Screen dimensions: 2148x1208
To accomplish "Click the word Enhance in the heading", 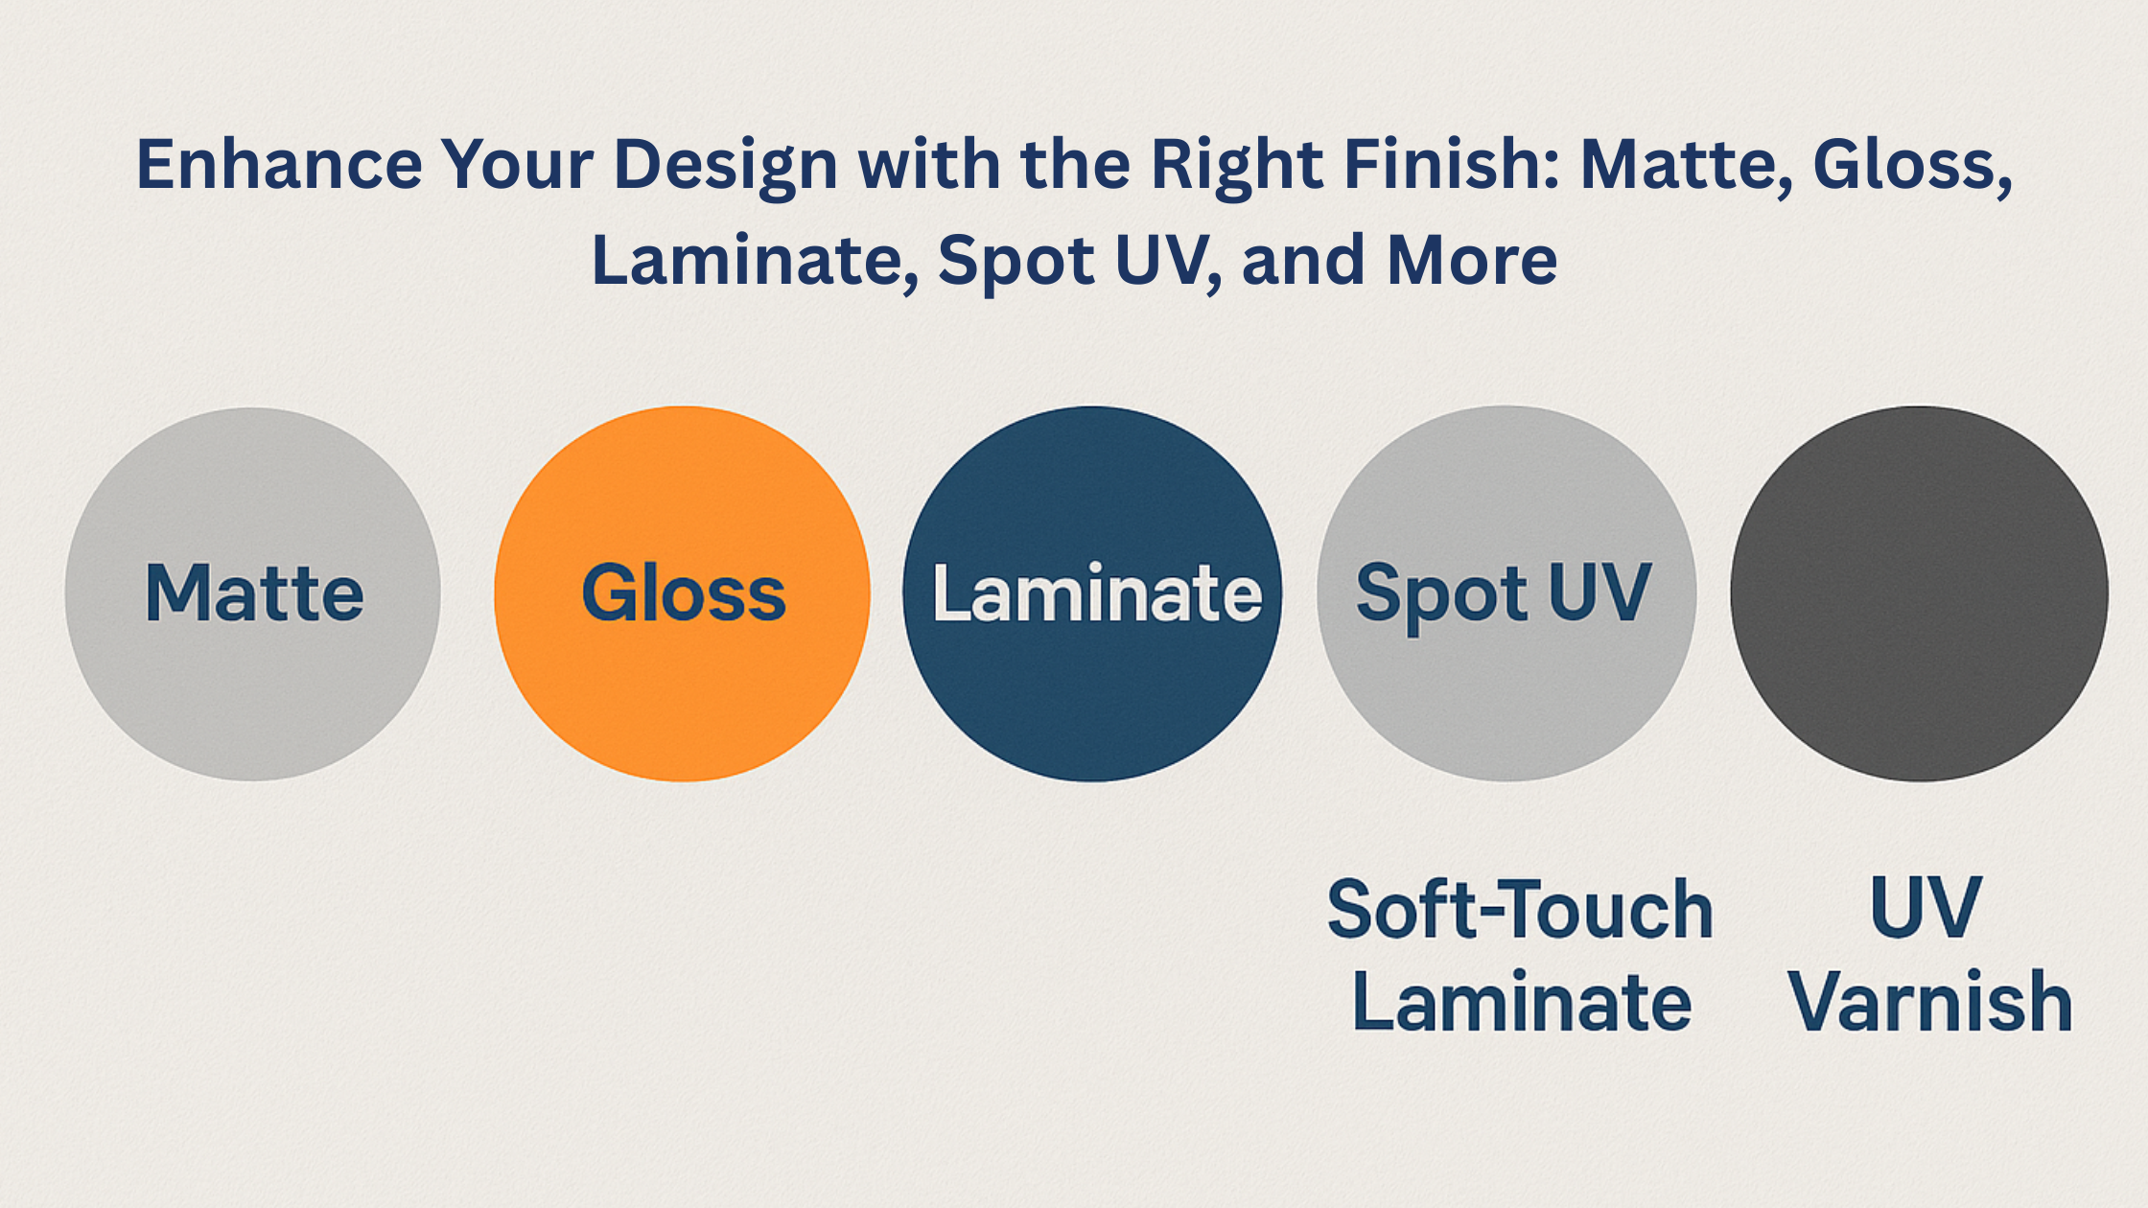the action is point(279,164).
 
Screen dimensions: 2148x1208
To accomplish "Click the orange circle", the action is point(682,593).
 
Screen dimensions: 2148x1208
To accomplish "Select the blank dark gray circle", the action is point(1919,593).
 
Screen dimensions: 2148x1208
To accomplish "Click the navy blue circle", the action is point(1092,593).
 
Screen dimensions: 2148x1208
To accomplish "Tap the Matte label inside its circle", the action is point(254,593).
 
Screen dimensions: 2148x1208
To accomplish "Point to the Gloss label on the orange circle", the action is point(684,593).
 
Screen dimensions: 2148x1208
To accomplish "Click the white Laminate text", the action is point(1097,593).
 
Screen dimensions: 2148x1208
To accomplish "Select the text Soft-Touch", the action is point(1520,908).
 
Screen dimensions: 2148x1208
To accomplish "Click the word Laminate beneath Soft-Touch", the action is point(1522,1002).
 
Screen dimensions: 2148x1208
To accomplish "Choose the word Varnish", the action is point(1929,1002).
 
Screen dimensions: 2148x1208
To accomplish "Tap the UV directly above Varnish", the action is point(1926,907).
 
